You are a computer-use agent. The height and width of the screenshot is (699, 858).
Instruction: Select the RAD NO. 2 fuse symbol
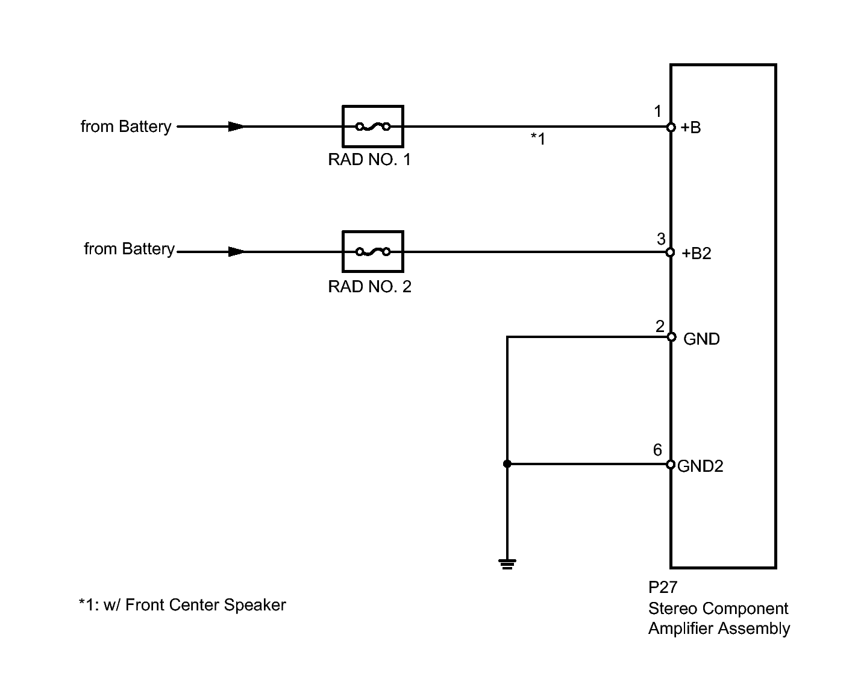(372, 252)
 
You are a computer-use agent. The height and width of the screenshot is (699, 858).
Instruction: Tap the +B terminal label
(690, 127)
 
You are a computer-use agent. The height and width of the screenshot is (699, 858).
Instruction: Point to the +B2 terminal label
(696, 253)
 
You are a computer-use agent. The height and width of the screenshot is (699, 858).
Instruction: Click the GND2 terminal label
(700, 466)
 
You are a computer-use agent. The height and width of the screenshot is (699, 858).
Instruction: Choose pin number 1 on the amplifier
(657, 111)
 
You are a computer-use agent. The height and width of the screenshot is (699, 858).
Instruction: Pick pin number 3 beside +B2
(661, 239)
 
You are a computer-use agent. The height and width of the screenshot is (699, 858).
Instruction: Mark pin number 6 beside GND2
(657, 450)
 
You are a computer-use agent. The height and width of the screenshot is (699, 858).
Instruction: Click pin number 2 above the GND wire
(660, 327)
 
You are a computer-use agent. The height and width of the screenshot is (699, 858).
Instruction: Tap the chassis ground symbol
(507, 563)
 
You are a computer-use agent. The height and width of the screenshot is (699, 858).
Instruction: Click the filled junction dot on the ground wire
(507, 464)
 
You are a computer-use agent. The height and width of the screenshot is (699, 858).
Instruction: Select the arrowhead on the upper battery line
(236, 127)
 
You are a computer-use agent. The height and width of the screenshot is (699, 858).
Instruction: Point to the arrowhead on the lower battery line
(236, 252)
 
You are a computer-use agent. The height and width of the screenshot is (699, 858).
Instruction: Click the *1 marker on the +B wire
(538, 139)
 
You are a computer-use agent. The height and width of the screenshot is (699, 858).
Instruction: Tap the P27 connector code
(663, 588)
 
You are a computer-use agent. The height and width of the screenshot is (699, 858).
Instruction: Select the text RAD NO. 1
(369, 160)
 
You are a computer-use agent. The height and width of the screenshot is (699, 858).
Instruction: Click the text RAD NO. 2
(369, 287)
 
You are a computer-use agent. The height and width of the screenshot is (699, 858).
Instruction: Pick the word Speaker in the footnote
(255, 605)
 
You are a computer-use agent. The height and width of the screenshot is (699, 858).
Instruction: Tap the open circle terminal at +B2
(670, 252)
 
